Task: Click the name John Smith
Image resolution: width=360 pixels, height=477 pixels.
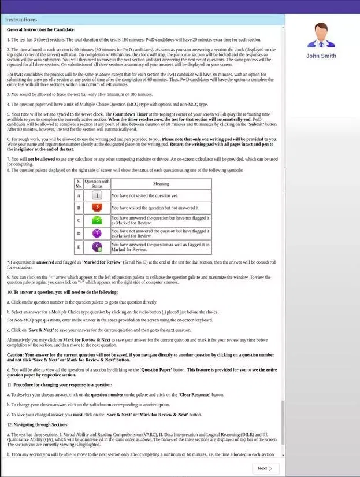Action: [x=321, y=56]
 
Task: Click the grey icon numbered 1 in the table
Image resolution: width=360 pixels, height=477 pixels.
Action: [x=97, y=196]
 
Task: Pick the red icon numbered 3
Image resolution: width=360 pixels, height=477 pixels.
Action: [x=97, y=208]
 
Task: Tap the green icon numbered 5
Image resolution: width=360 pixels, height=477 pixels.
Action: [x=97, y=220]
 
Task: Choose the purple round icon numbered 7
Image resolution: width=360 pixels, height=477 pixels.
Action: [x=97, y=234]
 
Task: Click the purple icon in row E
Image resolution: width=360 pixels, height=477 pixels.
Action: [x=97, y=247]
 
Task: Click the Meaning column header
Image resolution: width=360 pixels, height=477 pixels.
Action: [x=161, y=184]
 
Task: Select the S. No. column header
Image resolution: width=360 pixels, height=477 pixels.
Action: [x=79, y=184]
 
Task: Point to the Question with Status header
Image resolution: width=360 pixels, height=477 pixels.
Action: [x=97, y=184]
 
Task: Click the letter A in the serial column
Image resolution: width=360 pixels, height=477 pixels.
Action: [x=79, y=196]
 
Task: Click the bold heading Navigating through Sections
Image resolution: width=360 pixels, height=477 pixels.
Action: [x=42, y=425]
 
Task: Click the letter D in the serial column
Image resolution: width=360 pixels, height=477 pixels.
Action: [x=79, y=234]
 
